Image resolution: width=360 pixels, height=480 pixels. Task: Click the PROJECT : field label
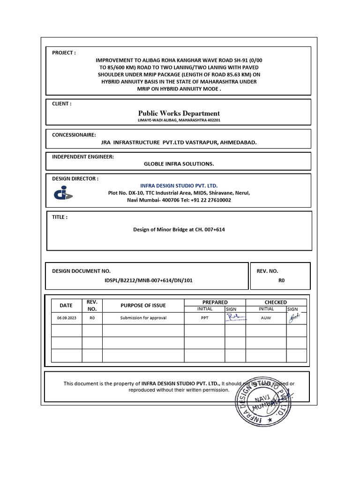64,53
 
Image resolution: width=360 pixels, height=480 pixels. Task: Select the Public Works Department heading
179,113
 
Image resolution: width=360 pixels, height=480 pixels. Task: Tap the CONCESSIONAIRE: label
74,135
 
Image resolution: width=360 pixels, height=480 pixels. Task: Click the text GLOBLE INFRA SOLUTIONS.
179,164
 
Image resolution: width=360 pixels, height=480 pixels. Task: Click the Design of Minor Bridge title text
176,230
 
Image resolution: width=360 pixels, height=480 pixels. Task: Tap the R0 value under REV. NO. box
281,280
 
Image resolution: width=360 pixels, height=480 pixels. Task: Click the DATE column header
66,305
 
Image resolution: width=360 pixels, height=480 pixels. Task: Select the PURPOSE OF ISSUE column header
143,305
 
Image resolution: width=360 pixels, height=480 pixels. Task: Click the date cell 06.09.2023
66,318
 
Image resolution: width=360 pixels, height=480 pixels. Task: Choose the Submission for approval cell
143,318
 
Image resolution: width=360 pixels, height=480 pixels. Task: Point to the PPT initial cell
204,318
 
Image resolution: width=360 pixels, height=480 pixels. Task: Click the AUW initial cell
266,318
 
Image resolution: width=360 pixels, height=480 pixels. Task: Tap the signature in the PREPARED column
235,317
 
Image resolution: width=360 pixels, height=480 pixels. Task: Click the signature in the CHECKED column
294,317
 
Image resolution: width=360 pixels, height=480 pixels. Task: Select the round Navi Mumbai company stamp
266,395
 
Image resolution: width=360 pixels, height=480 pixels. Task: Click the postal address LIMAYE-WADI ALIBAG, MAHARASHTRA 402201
179,120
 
